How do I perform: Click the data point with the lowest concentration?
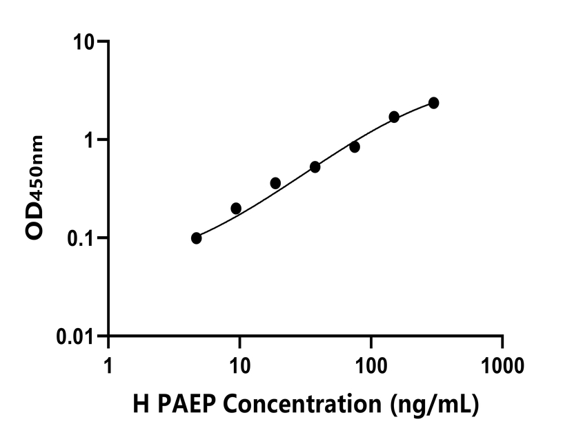click(197, 238)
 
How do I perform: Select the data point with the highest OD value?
click(433, 103)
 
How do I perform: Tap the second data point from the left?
click(236, 208)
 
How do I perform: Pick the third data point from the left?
click(275, 183)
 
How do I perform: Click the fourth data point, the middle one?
click(315, 166)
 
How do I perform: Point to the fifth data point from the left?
click(355, 146)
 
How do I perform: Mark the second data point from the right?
click(394, 117)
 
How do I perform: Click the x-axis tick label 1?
click(108, 364)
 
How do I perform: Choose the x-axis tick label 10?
click(239, 364)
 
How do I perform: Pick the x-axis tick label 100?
click(371, 364)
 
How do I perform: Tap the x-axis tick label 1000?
click(502, 364)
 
